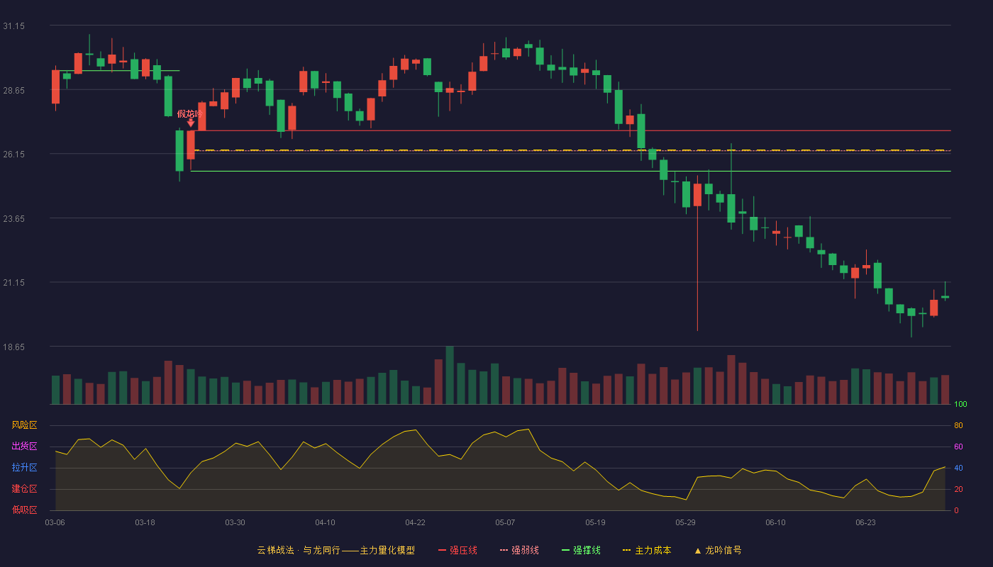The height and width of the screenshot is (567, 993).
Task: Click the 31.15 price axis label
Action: tap(13, 26)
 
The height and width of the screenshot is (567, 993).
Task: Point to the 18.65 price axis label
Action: tap(13, 347)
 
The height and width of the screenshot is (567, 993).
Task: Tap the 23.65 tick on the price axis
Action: tap(13, 219)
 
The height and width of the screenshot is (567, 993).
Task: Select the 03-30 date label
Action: tap(235, 523)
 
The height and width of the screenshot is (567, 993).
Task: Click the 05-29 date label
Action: tap(685, 523)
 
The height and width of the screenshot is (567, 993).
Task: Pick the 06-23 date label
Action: tap(865, 523)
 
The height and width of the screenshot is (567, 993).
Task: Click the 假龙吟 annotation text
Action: tap(190, 114)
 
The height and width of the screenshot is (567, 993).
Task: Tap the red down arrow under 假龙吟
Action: tap(191, 123)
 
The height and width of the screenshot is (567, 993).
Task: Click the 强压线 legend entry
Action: tap(457, 550)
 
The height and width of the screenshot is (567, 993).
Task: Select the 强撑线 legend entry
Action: tap(581, 550)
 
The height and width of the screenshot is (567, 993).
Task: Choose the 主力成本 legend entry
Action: tap(647, 550)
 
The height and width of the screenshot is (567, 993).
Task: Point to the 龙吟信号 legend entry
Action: tap(718, 550)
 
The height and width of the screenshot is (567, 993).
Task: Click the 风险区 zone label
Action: tap(24, 425)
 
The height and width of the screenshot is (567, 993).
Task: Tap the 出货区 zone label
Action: tap(24, 446)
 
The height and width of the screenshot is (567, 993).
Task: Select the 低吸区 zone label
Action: tap(24, 510)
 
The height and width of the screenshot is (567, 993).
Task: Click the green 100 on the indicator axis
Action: tap(960, 404)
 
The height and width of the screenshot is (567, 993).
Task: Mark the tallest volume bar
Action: tap(450, 375)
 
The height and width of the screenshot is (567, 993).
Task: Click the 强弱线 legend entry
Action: tap(519, 550)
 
